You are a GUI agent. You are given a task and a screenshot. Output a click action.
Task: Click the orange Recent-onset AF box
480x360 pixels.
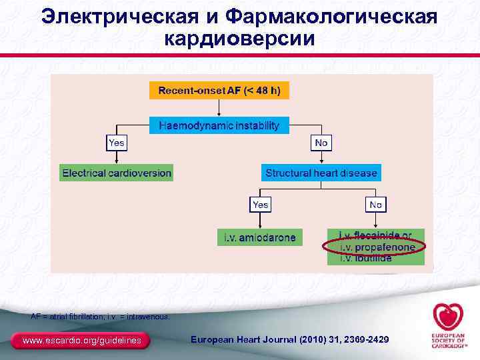pyautogui.click(x=219, y=90)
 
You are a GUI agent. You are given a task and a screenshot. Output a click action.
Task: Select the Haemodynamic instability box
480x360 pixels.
pyautogui.click(x=219, y=125)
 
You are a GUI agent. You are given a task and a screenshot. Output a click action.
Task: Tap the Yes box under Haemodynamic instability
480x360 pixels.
pyautogui.click(x=117, y=142)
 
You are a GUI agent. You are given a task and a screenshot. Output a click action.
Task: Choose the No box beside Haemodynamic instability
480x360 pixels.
pyautogui.click(x=321, y=142)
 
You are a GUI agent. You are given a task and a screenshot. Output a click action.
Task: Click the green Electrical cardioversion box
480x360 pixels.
pyautogui.click(x=117, y=173)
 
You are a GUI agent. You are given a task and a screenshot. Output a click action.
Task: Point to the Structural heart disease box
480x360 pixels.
pyautogui.click(x=321, y=173)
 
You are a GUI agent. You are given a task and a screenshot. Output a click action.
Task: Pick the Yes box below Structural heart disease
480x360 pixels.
pyautogui.click(x=260, y=205)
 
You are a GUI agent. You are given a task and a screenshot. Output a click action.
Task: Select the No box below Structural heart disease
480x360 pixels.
pyautogui.click(x=376, y=205)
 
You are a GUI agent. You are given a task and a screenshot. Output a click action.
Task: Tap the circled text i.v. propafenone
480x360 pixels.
pyautogui.click(x=377, y=247)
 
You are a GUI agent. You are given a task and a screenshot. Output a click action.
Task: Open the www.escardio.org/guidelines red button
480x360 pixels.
pyautogui.click(x=82, y=341)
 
